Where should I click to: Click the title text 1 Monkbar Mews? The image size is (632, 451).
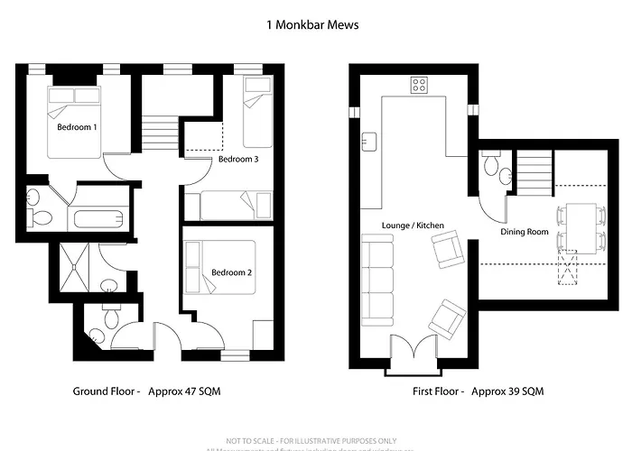click(312, 25)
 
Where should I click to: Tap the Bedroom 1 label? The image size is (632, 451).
click(77, 128)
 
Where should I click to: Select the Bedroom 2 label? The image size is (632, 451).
click(231, 272)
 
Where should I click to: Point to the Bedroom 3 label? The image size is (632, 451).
click(238, 160)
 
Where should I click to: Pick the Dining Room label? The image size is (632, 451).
click(525, 232)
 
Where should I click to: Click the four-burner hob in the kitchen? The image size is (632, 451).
click(420, 85)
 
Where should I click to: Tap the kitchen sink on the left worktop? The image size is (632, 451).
click(369, 142)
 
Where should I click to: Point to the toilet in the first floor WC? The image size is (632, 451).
click(489, 164)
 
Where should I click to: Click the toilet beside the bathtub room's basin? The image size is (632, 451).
click(41, 217)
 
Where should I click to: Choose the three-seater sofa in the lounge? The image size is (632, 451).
click(377, 281)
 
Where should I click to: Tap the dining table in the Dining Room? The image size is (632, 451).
click(578, 229)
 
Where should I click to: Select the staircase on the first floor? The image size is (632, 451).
click(534, 169)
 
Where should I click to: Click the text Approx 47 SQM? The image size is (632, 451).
click(183, 391)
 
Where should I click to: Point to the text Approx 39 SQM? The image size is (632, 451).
click(506, 391)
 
